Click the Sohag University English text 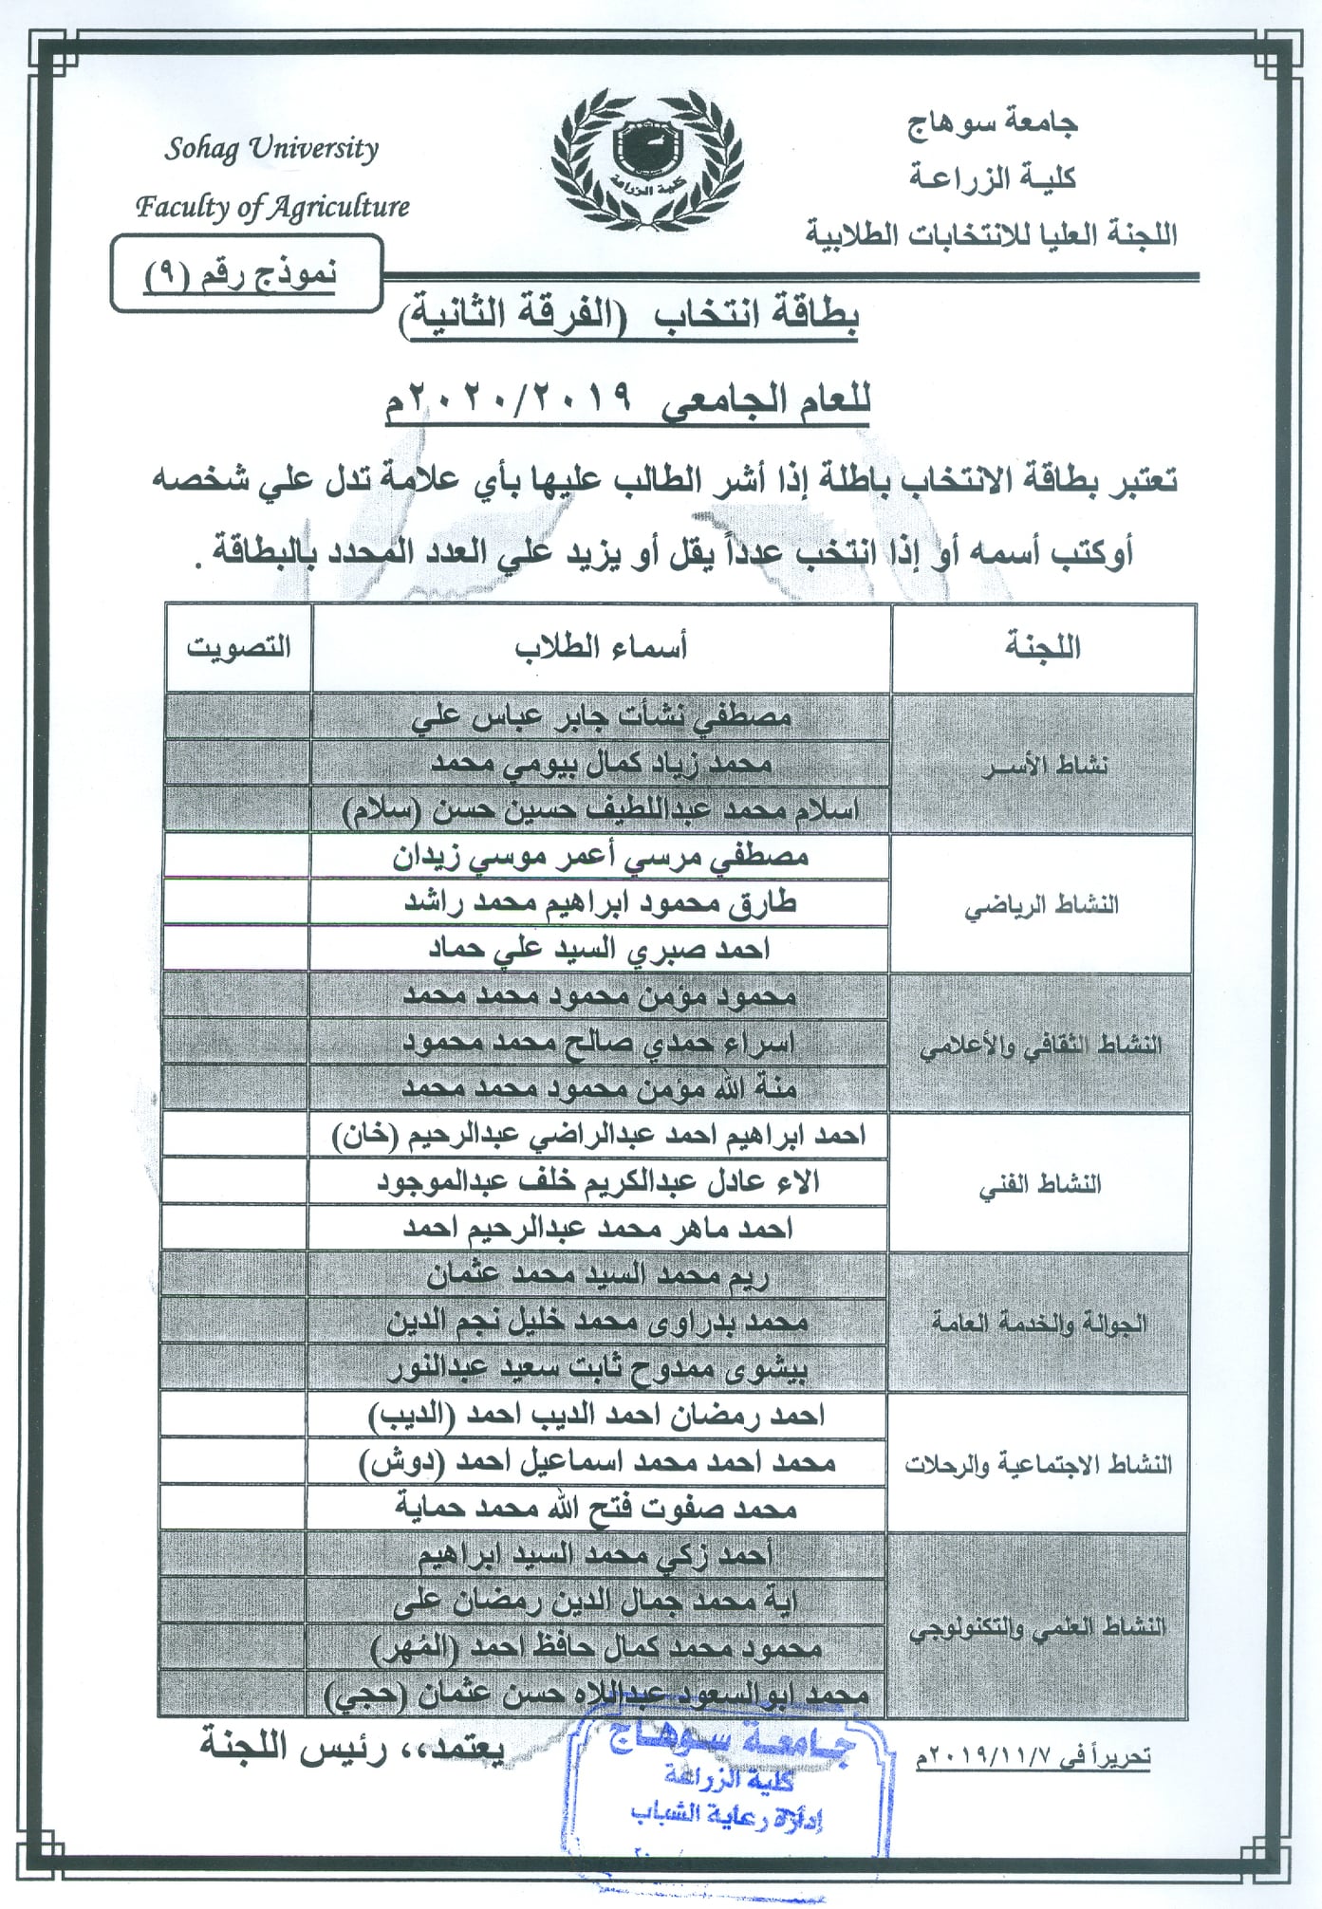tap(271, 149)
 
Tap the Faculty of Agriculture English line tap(272, 206)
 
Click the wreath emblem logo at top tap(647, 158)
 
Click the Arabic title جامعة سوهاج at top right tap(992, 122)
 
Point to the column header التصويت tap(238, 647)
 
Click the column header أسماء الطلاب tap(601, 647)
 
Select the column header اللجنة tap(1043, 647)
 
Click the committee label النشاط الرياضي tap(1041, 905)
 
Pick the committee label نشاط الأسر tap(1044, 765)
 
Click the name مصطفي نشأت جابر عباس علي tap(602, 717)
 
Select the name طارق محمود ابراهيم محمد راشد tap(600, 903)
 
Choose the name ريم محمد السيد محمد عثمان tap(597, 1275)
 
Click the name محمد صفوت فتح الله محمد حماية tap(596, 1508)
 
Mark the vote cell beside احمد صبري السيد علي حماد tap(236, 949)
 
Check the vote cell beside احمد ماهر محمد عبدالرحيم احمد tap(234, 1229)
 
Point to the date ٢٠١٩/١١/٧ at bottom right tap(1033, 1756)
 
